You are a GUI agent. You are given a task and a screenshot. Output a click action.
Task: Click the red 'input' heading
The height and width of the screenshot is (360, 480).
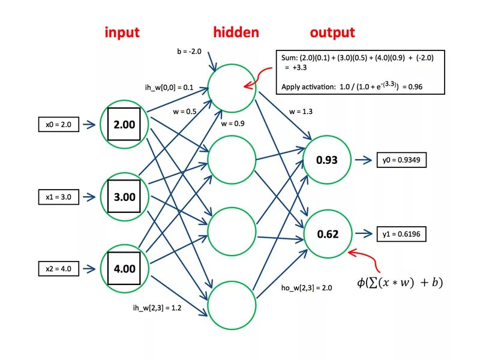pos(122,32)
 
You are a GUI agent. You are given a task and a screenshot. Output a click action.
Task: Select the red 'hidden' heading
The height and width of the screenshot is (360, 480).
pos(236,32)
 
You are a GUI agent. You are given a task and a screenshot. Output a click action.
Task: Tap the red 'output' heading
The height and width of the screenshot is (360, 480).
pos(332,32)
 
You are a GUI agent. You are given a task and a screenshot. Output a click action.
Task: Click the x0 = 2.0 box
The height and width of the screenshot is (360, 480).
pos(58,125)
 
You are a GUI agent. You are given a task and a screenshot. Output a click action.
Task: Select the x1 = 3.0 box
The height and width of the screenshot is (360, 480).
pos(58,197)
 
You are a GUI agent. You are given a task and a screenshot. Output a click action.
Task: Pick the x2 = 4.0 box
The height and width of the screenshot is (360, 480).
pos(58,269)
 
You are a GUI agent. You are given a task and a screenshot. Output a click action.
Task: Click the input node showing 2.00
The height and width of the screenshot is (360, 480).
pos(124,125)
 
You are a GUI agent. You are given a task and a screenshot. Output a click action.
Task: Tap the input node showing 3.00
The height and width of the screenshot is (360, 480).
pos(124,197)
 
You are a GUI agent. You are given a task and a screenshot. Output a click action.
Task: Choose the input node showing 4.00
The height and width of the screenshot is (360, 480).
pos(124,269)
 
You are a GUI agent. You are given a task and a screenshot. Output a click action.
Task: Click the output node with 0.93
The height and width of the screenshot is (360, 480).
pos(328,160)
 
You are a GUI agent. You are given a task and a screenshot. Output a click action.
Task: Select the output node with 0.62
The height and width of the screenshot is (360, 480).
pos(328,234)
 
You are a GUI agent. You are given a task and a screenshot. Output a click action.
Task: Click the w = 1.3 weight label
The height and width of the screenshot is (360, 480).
pos(301,111)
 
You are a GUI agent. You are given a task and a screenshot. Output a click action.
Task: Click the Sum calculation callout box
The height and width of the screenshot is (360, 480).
pos(361,71)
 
